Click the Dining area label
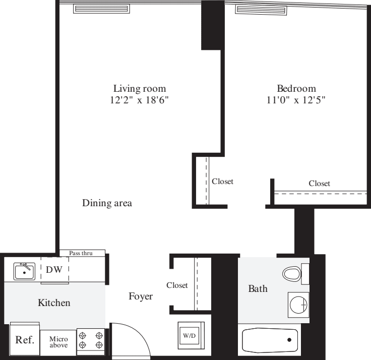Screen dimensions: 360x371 coord(107,204)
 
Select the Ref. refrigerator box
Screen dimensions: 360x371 coord(25,339)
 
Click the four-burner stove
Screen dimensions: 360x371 coord(91,339)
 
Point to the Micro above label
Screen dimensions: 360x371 coord(58,341)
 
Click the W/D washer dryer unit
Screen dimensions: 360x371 coord(190,334)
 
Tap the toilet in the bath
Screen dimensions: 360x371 coord(292,274)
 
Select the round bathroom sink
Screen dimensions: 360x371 coord(299,304)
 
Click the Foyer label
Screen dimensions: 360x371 coord(141,296)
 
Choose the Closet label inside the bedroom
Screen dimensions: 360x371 coord(319,184)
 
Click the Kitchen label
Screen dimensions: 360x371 coord(54,304)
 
